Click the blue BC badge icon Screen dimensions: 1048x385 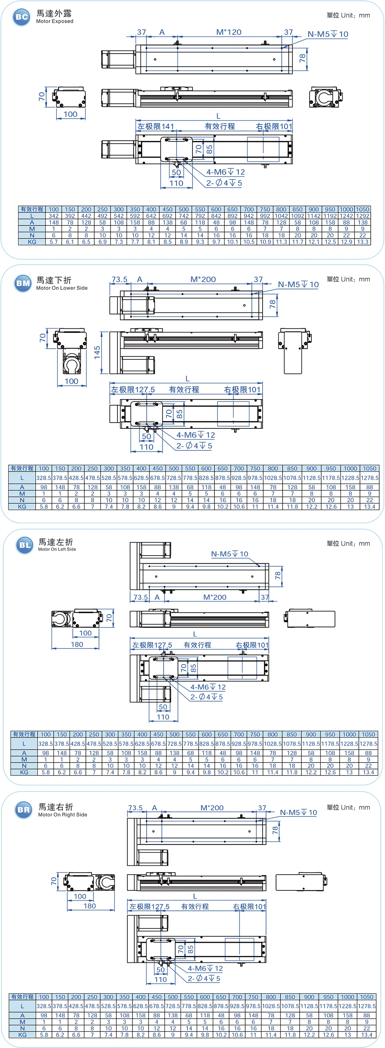(21, 17)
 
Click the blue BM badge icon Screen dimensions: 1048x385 (23, 283)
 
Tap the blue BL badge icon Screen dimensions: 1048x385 (25, 545)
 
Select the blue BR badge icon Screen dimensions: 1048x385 (23, 810)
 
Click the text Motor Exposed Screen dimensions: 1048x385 (54, 22)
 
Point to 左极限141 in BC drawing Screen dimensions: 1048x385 (155, 126)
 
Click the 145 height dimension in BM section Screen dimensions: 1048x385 (97, 352)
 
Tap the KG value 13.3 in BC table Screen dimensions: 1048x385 (363, 242)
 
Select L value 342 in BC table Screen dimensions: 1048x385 (54, 216)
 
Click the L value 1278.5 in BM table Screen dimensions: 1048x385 (369, 478)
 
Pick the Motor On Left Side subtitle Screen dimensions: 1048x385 (57, 549)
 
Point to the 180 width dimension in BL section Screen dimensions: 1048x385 (77, 645)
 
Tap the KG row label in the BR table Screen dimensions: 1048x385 (22, 1035)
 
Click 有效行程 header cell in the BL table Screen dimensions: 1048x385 (24, 734)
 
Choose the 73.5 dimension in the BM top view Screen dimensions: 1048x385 (119, 279)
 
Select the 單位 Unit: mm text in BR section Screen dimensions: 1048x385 (348, 807)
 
